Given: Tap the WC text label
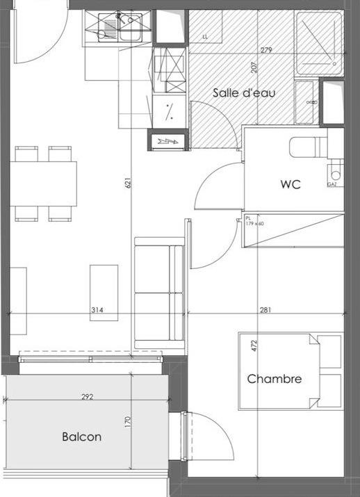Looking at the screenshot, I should [290, 185].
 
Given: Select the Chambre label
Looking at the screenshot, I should [275, 379].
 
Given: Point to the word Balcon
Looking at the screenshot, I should [81, 437].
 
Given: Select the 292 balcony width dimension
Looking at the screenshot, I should [88, 397].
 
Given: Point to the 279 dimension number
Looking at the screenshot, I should [266, 49].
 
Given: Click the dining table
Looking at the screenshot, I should [43, 184].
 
